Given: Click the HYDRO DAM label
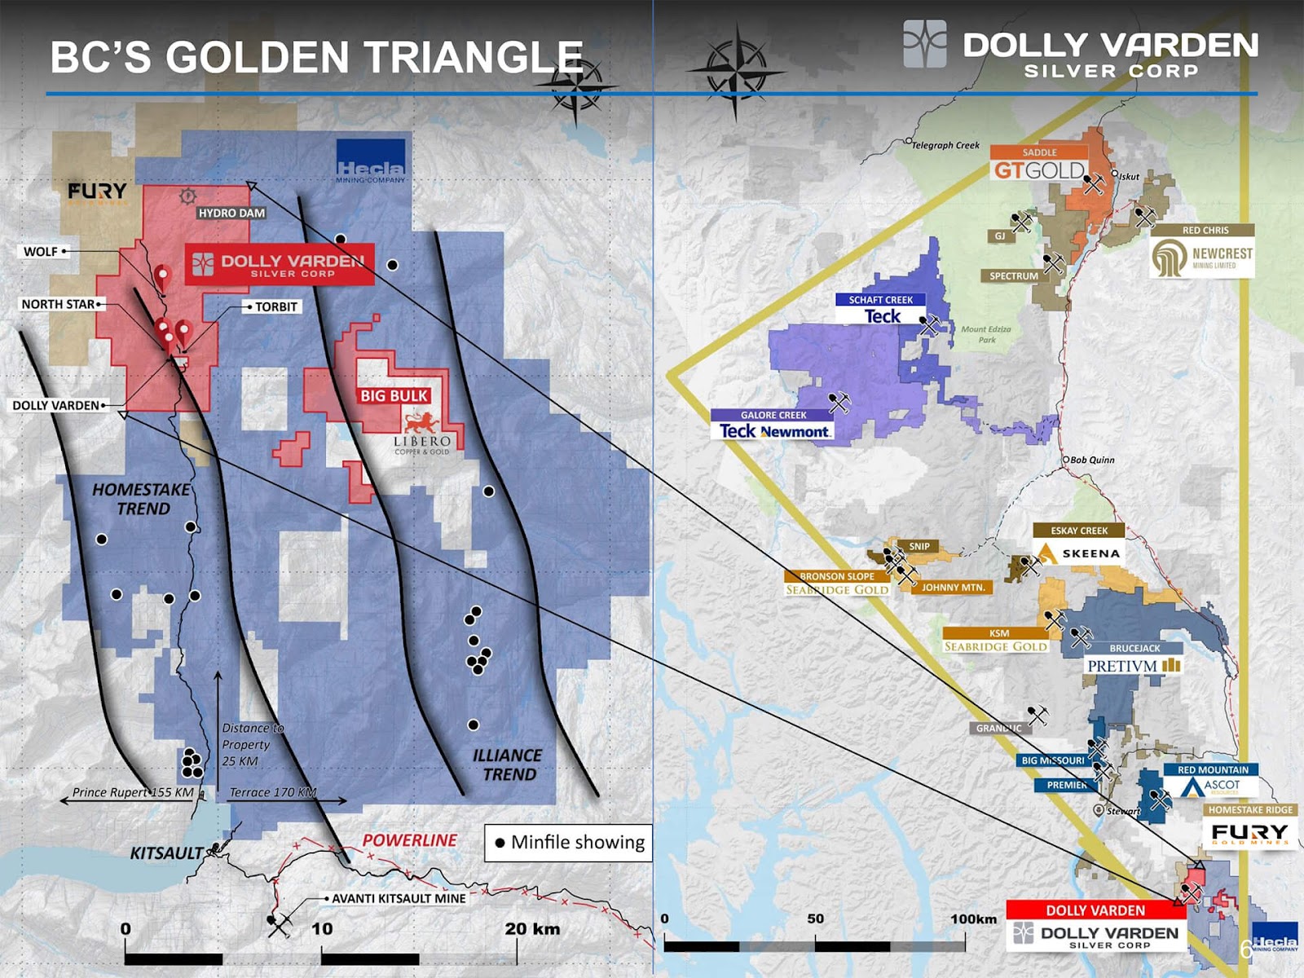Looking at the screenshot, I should (x=231, y=213).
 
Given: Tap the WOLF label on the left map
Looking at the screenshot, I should (x=41, y=251).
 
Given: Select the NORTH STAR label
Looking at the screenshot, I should (x=59, y=304).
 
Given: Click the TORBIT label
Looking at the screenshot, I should (x=275, y=306).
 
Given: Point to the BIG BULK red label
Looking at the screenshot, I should (x=394, y=395).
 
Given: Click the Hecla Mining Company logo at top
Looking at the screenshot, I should (x=371, y=171).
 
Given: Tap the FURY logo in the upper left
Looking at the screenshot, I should (x=97, y=192).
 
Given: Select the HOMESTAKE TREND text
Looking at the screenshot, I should (x=142, y=499).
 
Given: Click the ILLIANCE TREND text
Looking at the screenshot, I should (x=507, y=764).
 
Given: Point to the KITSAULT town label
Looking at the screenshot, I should (x=167, y=852).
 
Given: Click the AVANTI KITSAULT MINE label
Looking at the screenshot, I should (x=399, y=898).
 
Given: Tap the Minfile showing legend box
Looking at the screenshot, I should (x=568, y=842).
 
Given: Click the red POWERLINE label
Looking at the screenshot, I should (x=410, y=839).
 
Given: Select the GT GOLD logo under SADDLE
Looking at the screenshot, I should (x=1039, y=170).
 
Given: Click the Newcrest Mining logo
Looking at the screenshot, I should (x=1202, y=257).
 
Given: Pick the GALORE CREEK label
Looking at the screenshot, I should (x=773, y=415).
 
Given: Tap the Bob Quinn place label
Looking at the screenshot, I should (x=1092, y=460).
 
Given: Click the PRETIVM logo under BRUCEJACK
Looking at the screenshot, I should (x=1133, y=666).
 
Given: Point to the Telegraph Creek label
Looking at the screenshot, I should (x=945, y=145).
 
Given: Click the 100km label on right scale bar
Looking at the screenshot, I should (x=973, y=919).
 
